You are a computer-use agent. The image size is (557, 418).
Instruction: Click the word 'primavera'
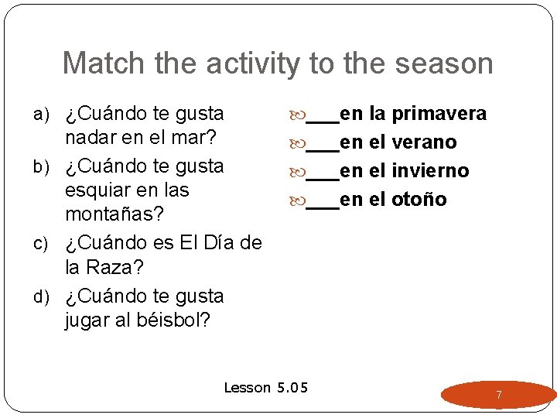pos(439,115)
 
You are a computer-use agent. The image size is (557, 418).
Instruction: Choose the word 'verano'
pos(424,142)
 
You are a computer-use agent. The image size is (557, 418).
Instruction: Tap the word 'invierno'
pos(430,171)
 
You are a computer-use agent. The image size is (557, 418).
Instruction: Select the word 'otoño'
pos(419,200)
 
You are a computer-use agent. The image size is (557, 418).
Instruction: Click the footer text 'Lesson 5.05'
pos(265,387)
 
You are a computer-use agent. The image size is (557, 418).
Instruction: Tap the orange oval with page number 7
pos(498,395)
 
